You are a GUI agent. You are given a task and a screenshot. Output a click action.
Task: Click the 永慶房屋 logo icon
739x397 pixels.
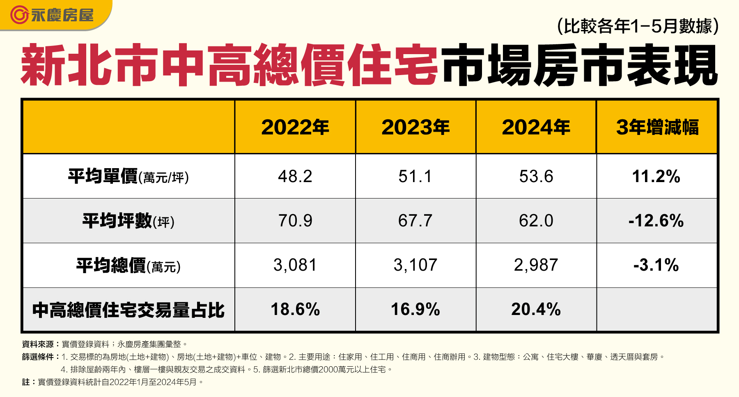coord(19,15)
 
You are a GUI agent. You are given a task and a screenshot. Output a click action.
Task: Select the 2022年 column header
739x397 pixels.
coord(295,127)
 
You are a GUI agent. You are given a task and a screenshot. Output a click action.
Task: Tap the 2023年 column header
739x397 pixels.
coord(415,127)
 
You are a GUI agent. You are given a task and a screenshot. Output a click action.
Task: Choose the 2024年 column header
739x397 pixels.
coord(536,127)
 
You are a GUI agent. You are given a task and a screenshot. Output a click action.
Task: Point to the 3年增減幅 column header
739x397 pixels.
coord(657,127)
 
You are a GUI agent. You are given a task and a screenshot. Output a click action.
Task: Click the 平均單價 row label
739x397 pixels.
coord(128,177)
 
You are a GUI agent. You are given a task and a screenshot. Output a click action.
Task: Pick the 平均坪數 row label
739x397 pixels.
coord(128,221)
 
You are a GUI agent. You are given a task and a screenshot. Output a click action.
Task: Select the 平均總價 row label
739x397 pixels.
coord(128,265)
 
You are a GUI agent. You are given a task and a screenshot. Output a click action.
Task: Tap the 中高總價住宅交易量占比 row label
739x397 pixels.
coord(128,310)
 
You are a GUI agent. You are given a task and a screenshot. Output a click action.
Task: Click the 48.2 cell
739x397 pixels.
coord(295,177)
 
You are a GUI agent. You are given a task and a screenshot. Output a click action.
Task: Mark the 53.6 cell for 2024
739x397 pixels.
coord(536,177)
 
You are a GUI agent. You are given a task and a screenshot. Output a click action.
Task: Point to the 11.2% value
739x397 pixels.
coord(656,177)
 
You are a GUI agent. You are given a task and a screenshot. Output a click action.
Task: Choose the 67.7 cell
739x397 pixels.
coord(415,221)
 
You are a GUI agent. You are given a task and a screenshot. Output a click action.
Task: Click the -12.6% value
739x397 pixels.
coord(656,221)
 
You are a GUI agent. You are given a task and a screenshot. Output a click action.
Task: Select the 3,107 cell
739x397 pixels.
coord(415,265)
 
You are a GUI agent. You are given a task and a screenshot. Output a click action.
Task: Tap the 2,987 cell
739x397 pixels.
coord(536,265)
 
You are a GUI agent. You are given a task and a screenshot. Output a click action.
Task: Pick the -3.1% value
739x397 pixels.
coord(656,265)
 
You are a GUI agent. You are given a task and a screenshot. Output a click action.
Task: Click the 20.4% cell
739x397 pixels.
coord(536,310)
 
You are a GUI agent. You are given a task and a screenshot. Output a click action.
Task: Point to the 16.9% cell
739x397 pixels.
coord(415,310)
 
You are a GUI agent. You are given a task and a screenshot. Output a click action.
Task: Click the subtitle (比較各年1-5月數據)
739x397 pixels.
coord(638,26)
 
